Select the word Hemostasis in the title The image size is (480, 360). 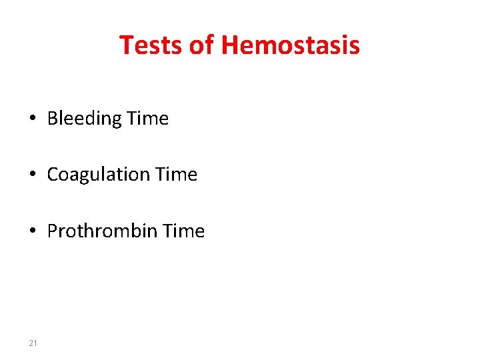(291, 45)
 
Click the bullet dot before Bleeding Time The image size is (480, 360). (33, 119)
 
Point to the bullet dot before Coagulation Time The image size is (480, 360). (33, 175)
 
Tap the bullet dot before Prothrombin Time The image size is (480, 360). (33, 231)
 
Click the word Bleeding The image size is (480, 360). (84, 119)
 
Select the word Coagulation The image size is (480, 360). (98, 175)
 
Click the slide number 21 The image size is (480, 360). (33, 343)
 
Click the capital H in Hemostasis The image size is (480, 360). (230, 45)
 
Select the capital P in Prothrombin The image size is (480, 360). (53, 231)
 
